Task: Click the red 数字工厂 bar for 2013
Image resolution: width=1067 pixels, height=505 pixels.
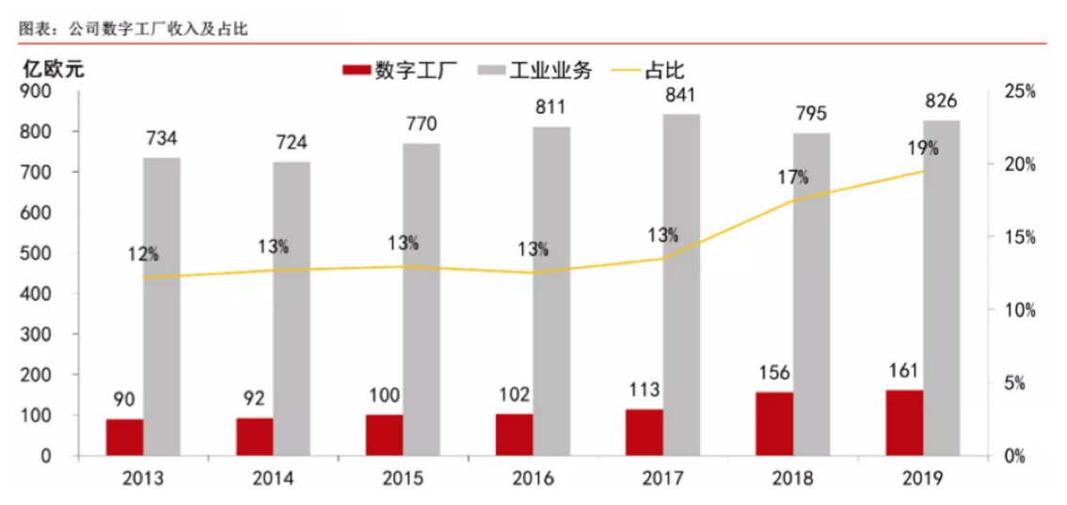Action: click(x=124, y=437)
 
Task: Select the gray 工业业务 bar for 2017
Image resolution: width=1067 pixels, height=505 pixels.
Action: click(x=681, y=285)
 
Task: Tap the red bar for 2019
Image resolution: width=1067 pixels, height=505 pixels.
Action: click(x=904, y=422)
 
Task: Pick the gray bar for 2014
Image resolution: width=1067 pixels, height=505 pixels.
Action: click(x=292, y=308)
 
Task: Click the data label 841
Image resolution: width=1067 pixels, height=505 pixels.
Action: click(x=680, y=96)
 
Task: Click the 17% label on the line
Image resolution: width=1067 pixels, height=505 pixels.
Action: click(x=792, y=177)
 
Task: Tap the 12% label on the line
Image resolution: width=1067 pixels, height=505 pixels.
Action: click(x=144, y=254)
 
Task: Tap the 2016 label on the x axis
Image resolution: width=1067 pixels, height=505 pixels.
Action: click(x=533, y=479)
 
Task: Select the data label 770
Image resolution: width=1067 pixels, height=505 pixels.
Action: click(x=421, y=124)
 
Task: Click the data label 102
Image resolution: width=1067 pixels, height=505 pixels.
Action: click(x=514, y=394)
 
